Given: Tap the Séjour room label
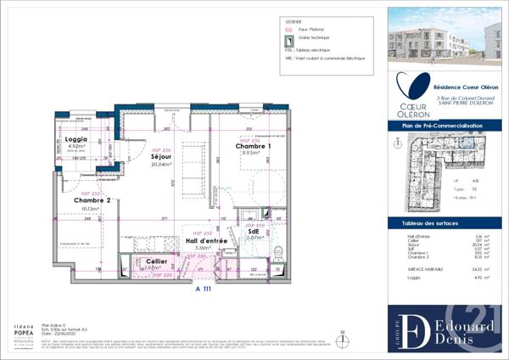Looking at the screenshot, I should click(162, 157).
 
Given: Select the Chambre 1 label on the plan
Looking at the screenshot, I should click(253, 146).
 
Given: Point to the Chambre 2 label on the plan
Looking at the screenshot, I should click(75, 200).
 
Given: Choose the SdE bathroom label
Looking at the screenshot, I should click(254, 231).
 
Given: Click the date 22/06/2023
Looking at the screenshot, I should click(72, 335).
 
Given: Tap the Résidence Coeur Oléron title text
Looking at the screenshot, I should click(466, 87).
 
